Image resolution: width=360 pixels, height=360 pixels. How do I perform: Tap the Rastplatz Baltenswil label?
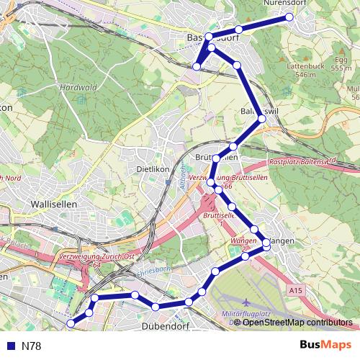click(303, 162)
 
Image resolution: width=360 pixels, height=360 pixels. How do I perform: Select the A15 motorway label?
click(294, 289)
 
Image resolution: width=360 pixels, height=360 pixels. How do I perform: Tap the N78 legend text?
click(32, 346)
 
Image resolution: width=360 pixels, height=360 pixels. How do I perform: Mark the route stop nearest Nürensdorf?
click(290, 17)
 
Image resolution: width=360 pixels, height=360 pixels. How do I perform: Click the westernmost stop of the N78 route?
click(71, 324)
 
